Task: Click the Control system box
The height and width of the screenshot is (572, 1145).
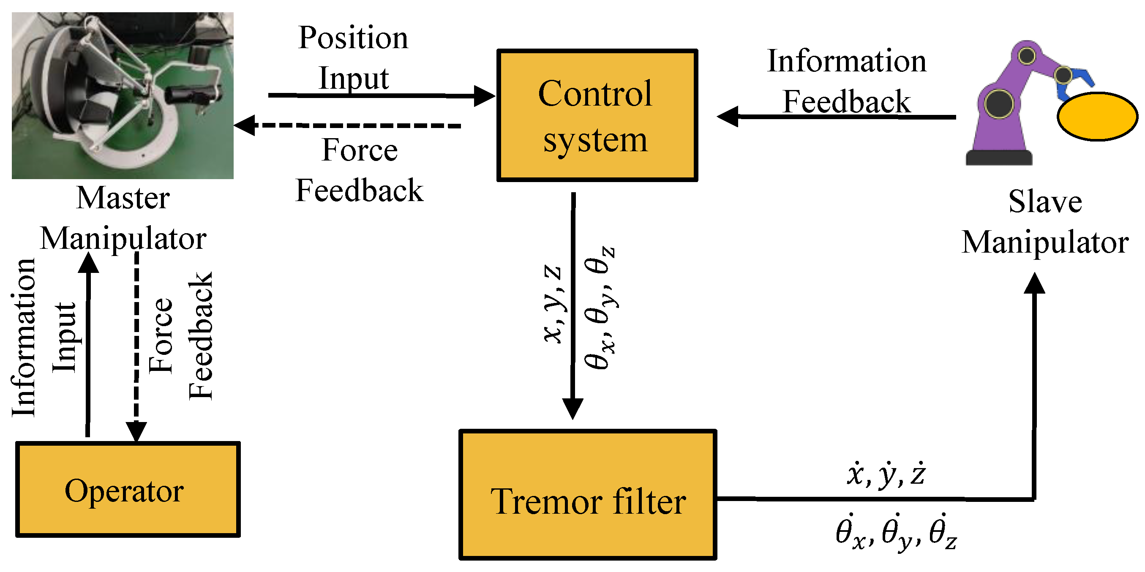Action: click(597, 116)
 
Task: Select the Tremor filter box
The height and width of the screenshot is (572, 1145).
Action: click(588, 495)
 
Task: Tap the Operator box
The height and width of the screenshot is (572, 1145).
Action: click(128, 489)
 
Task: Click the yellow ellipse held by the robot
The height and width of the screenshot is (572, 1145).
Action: click(1096, 117)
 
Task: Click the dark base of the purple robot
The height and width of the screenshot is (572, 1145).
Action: click(999, 158)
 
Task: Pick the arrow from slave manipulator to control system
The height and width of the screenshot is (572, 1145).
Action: click(836, 117)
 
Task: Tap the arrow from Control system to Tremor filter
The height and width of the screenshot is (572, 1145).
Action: click(573, 307)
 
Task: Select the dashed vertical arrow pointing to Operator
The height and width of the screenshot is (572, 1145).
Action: click(136, 347)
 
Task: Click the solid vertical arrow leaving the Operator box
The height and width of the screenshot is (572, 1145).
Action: click(88, 347)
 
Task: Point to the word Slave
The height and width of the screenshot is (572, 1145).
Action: click(1045, 202)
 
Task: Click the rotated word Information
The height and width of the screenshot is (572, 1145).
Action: click(23, 338)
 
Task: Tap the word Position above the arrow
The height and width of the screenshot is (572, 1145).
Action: click(353, 38)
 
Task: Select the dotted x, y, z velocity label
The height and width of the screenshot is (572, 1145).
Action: click(886, 474)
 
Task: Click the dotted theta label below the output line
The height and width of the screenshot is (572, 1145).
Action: click(896, 532)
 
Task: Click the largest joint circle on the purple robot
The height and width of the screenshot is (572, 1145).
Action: click(999, 104)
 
